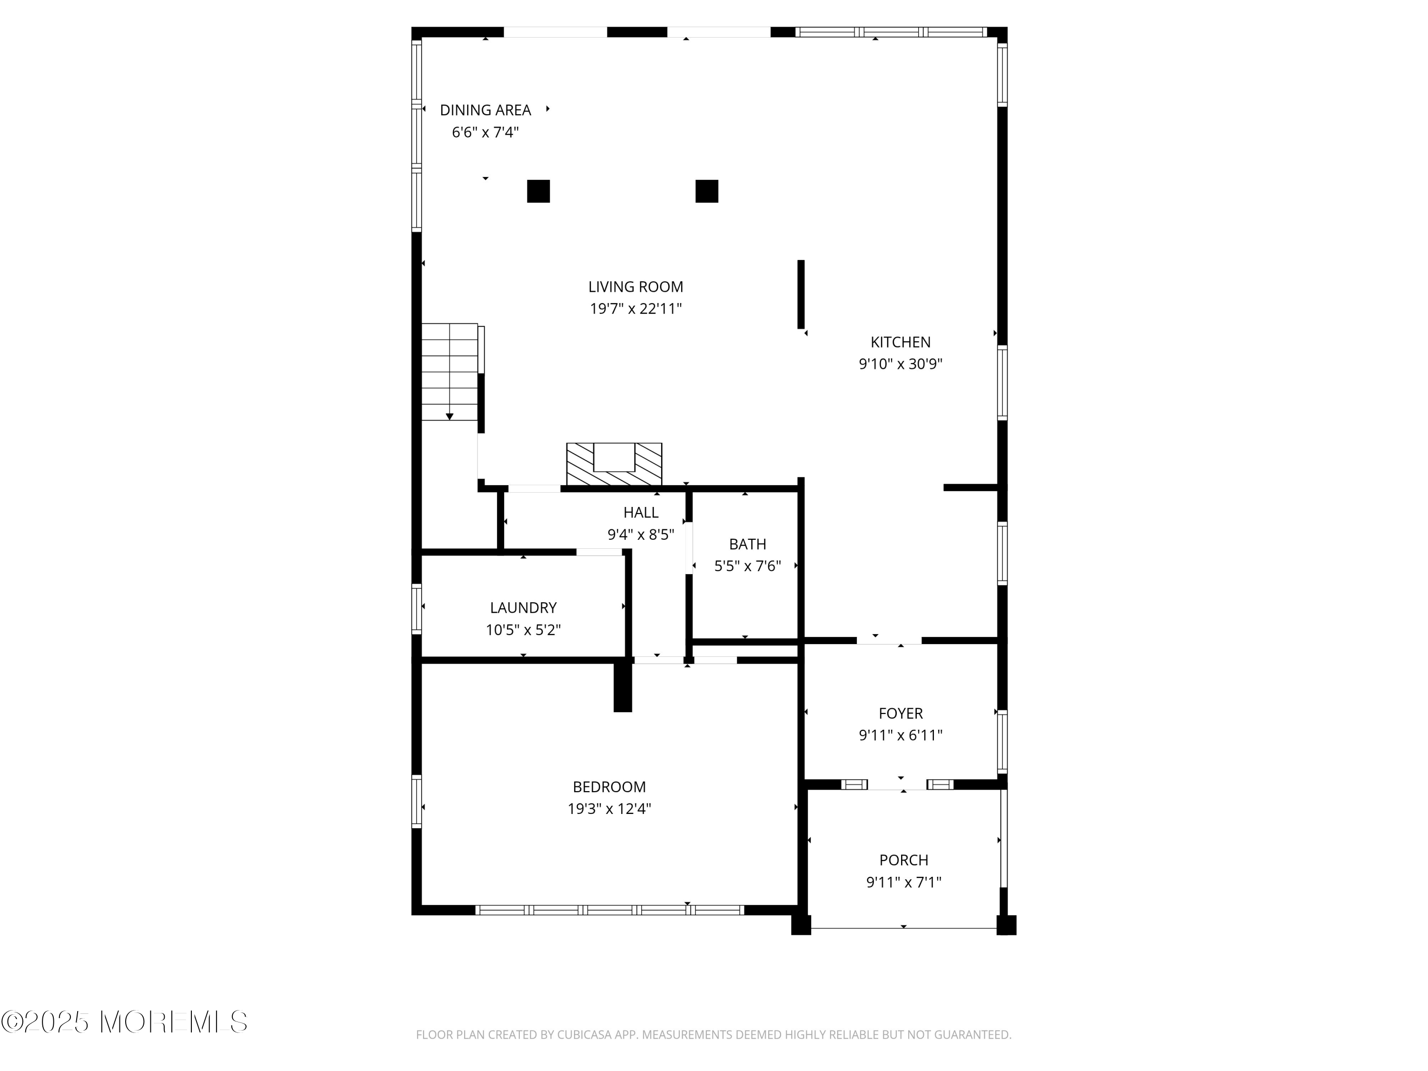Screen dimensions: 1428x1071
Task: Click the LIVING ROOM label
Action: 635,287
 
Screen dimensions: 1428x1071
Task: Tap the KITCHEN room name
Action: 901,342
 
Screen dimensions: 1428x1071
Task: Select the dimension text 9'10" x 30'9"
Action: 901,364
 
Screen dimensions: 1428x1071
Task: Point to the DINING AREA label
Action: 486,110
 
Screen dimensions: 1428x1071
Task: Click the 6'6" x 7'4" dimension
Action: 486,132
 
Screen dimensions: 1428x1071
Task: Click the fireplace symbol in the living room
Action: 614,464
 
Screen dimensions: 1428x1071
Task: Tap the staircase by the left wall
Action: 450,372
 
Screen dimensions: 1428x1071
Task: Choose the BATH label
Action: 748,544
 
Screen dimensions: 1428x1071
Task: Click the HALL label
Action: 641,513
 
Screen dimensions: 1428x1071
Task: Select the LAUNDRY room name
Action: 523,607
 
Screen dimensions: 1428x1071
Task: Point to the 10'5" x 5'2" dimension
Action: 523,629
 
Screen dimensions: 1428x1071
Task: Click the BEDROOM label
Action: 609,787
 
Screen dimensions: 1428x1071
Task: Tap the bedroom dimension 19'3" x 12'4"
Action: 609,809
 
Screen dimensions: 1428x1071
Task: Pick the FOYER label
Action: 901,714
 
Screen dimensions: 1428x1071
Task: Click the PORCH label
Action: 904,860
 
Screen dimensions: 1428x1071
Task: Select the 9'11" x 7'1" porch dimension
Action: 904,882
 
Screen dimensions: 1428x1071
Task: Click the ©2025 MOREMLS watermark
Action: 124,1022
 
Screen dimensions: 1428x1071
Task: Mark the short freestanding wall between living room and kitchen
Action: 801,294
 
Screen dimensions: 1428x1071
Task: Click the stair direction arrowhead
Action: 450,417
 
